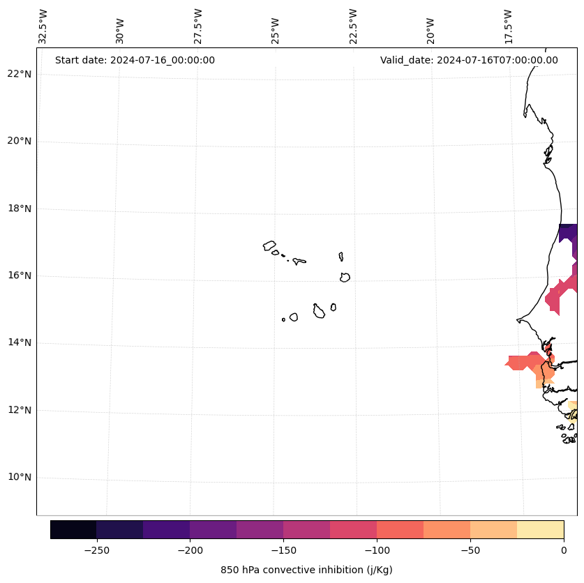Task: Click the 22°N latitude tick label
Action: point(17,74)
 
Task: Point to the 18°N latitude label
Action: point(17,209)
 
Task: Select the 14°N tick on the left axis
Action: point(17,342)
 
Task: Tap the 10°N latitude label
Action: point(17,477)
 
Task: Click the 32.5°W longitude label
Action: point(44,26)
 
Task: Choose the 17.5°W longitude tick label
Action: point(508,26)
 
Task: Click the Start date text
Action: point(135,60)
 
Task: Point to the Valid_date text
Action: point(469,60)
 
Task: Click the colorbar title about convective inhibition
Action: point(306,570)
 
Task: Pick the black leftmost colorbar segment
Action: point(73,529)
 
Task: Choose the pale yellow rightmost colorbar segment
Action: point(540,529)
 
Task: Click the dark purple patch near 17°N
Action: point(568,232)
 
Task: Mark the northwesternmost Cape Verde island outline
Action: point(269,245)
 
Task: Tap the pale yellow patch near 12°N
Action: point(574,406)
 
